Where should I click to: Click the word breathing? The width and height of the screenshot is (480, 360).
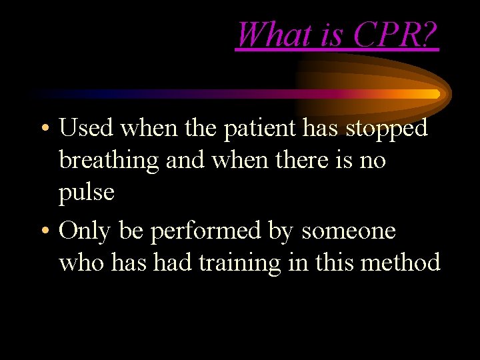click(x=108, y=161)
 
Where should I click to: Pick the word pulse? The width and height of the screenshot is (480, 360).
click(x=87, y=193)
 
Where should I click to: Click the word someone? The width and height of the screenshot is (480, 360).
click(x=349, y=231)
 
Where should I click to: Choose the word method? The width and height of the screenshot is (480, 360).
click(x=400, y=263)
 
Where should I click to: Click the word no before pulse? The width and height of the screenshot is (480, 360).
click(x=370, y=161)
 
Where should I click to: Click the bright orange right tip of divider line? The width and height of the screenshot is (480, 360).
click(x=436, y=94)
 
